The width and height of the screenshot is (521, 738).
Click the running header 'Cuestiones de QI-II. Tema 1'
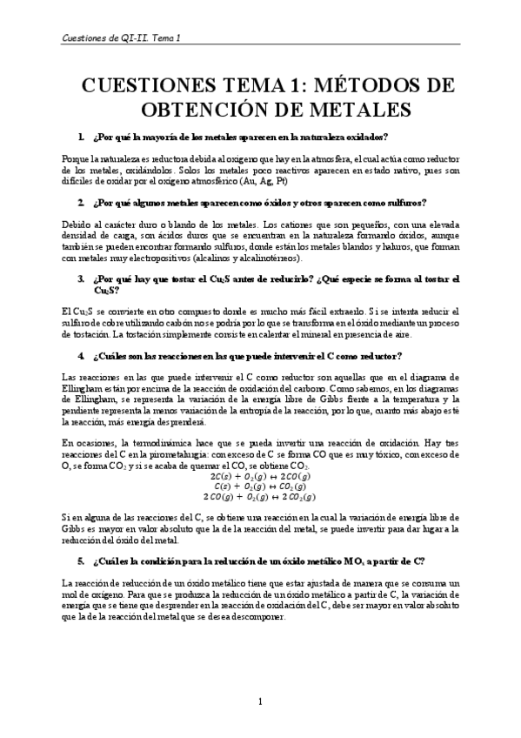(x=128, y=38)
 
